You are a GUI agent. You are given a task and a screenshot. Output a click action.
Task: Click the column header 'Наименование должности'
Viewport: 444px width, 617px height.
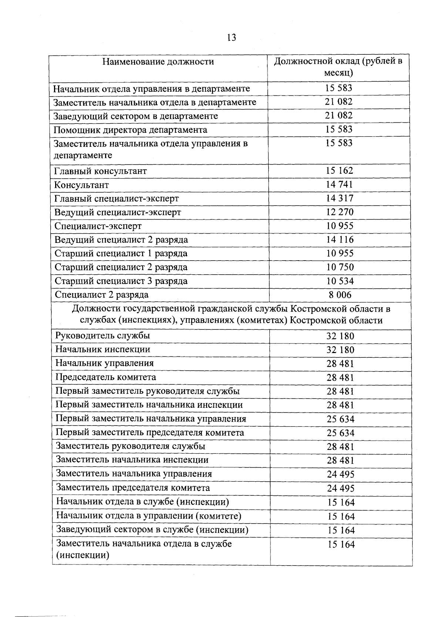pyautogui.click(x=158, y=61)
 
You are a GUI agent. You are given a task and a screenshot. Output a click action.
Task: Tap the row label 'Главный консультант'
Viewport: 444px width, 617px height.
pyautogui.click(x=100, y=171)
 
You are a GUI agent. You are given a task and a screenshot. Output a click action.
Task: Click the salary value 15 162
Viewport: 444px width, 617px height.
pyautogui.click(x=339, y=171)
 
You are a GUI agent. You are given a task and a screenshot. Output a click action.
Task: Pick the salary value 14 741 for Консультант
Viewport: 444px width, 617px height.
pyautogui.click(x=339, y=184)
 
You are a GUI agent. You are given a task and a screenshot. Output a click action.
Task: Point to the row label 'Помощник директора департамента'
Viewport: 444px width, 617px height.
pyautogui.click(x=130, y=130)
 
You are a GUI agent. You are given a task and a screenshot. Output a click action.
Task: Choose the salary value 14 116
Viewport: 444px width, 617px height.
pyautogui.click(x=340, y=240)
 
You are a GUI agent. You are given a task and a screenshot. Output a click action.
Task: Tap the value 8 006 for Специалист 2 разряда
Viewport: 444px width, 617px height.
pyautogui.click(x=340, y=295)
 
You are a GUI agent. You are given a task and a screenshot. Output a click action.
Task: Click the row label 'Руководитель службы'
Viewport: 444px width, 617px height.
pyautogui.click(x=102, y=336)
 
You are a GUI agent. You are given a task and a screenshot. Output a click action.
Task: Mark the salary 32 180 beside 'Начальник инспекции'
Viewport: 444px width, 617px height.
pyautogui.click(x=340, y=350)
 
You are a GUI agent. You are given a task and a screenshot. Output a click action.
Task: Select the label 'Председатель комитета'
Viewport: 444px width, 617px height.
pyautogui.click(x=105, y=377)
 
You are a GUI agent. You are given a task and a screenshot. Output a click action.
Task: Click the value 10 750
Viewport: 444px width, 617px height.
pyautogui.click(x=340, y=267)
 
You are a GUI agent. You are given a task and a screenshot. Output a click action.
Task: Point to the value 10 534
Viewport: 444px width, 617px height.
pyautogui.click(x=340, y=281)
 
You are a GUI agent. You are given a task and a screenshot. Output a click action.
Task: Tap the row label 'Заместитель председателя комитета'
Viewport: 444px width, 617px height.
pyautogui.click(x=133, y=488)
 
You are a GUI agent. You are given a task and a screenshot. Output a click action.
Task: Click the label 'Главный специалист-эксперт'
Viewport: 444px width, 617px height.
pyautogui.click(x=117, y=199)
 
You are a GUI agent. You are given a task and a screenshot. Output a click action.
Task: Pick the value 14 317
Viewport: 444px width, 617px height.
pyautogui.click(x=339, y=198)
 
